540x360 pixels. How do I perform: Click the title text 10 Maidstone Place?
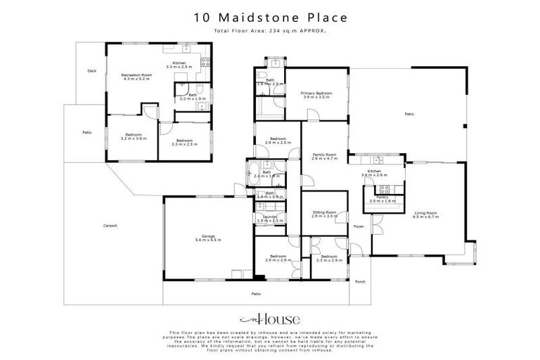(270, 16)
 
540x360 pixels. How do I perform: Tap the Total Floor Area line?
(270, 32)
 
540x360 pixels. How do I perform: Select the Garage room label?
(208, 236)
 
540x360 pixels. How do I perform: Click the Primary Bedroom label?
(316, 93)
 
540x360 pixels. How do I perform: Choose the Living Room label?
(425, 212)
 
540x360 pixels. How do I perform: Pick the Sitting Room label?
(324, 212)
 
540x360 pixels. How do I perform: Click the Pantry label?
(382, 198)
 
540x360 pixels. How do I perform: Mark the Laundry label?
(269, 217)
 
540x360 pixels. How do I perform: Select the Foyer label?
(359, 227)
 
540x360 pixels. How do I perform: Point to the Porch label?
(360, 282)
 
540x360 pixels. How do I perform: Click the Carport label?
(110, 226)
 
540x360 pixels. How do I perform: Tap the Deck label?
(91, 71)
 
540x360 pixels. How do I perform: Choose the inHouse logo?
(270, 317)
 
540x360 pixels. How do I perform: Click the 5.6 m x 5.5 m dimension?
(208, 240)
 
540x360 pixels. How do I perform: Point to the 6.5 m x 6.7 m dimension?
(425, 217)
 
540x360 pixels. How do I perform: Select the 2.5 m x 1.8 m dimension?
(382, 202)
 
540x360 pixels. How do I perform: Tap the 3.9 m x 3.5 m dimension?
(316, 97)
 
